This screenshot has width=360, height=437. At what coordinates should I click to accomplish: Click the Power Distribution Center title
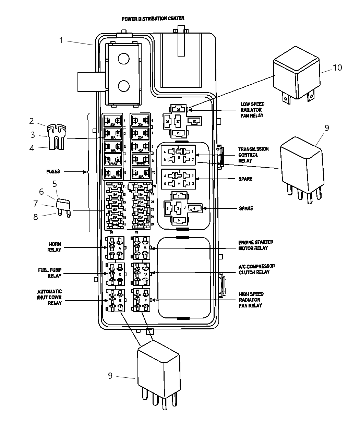[x=153, y=19]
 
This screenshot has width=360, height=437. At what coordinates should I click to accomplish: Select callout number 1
[x=61, y=40]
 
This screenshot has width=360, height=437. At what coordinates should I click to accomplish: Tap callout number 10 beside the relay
[x=337, y=68]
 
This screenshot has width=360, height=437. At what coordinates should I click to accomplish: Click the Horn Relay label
[x=54, y=247]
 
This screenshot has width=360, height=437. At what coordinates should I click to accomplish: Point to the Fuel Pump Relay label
[x=50, y=273]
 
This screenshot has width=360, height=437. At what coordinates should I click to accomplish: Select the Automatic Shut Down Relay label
[x=49, y=297]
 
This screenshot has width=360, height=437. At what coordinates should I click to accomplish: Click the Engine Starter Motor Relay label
[x=255, y=245]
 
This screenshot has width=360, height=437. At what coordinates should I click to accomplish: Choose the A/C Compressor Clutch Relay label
[x=256, y=269]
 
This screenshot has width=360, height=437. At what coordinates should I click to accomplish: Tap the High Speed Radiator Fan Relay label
[x=251, y=300]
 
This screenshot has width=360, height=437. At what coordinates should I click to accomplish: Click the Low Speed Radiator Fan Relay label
[x=252, y=110]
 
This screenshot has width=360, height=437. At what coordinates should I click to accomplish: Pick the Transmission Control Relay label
[x=253, y=155]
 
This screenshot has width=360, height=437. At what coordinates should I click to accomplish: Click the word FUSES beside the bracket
[x=53, y=171]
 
